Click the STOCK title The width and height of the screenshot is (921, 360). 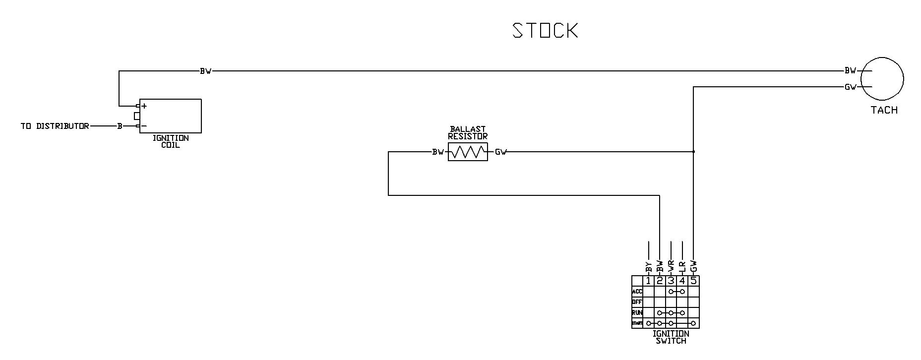click(x=545, y=30)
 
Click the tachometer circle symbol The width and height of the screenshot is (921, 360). click(x=882, y=78)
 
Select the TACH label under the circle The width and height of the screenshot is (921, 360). click(x=884, y=110)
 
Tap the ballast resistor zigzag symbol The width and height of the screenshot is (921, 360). click(x=468, y=152)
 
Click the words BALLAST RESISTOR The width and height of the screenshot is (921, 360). click(x=468, y=132)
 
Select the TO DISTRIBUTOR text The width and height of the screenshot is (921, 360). click(x=55, y=126)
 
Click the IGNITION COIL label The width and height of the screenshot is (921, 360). click(x=171, y=141)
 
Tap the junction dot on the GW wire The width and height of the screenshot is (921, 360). click(x=693, y=151)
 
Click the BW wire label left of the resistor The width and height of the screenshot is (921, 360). click(x=437, y=152)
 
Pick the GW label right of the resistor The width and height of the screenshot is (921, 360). click(x=500, y=152)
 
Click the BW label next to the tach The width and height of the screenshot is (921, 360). click(x=850, y=71)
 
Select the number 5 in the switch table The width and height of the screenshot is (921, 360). click(x=693, y=281)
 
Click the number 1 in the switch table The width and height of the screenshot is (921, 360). click(x=648, y=281)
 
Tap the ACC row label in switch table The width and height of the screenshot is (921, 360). click(x=637, y=292)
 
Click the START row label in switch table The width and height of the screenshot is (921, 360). click(x=637, y=323)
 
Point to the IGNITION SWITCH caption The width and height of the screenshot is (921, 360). click(x=671, y=337)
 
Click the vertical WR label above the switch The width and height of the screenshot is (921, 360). click(x=671, y=266)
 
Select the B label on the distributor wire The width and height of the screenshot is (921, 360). click(x=120, y=126)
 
